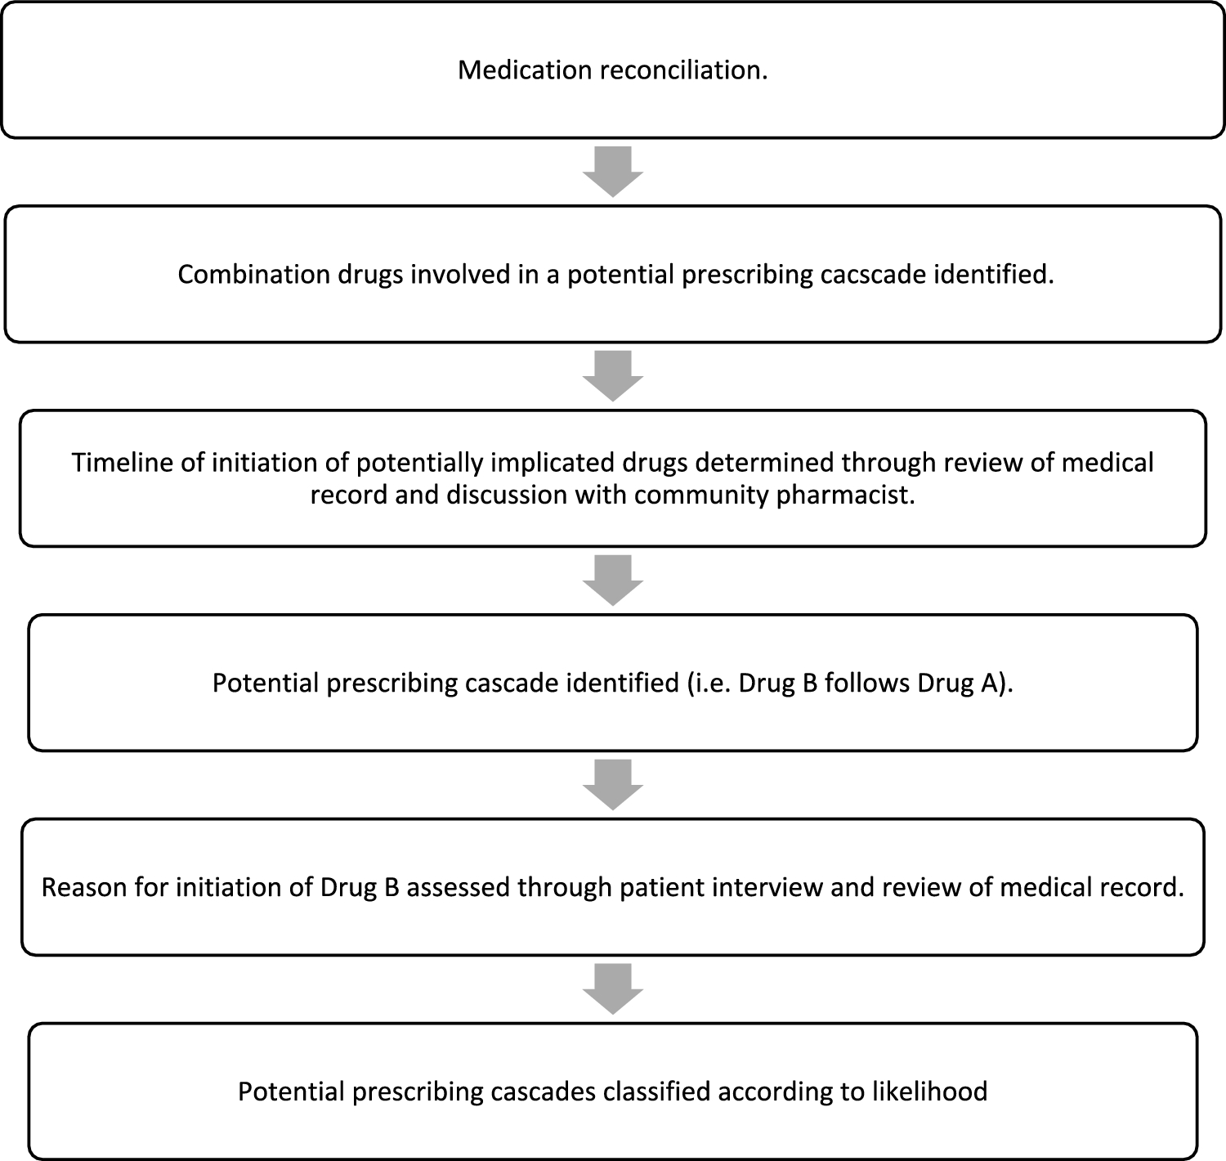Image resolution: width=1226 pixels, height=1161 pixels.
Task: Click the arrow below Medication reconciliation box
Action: click(x=613, y=172)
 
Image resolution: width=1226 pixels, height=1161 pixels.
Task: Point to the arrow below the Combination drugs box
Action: click(x=613, y=376)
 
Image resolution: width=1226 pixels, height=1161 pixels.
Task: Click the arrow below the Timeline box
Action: click(x=613, y=580)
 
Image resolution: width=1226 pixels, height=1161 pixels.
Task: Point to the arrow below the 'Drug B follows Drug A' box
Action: click(x=613, y=785)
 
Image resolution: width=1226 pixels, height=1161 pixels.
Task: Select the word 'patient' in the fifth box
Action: click(x=663, y=888)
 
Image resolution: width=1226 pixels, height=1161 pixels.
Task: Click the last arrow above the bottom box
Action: click(x=613, y=989)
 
